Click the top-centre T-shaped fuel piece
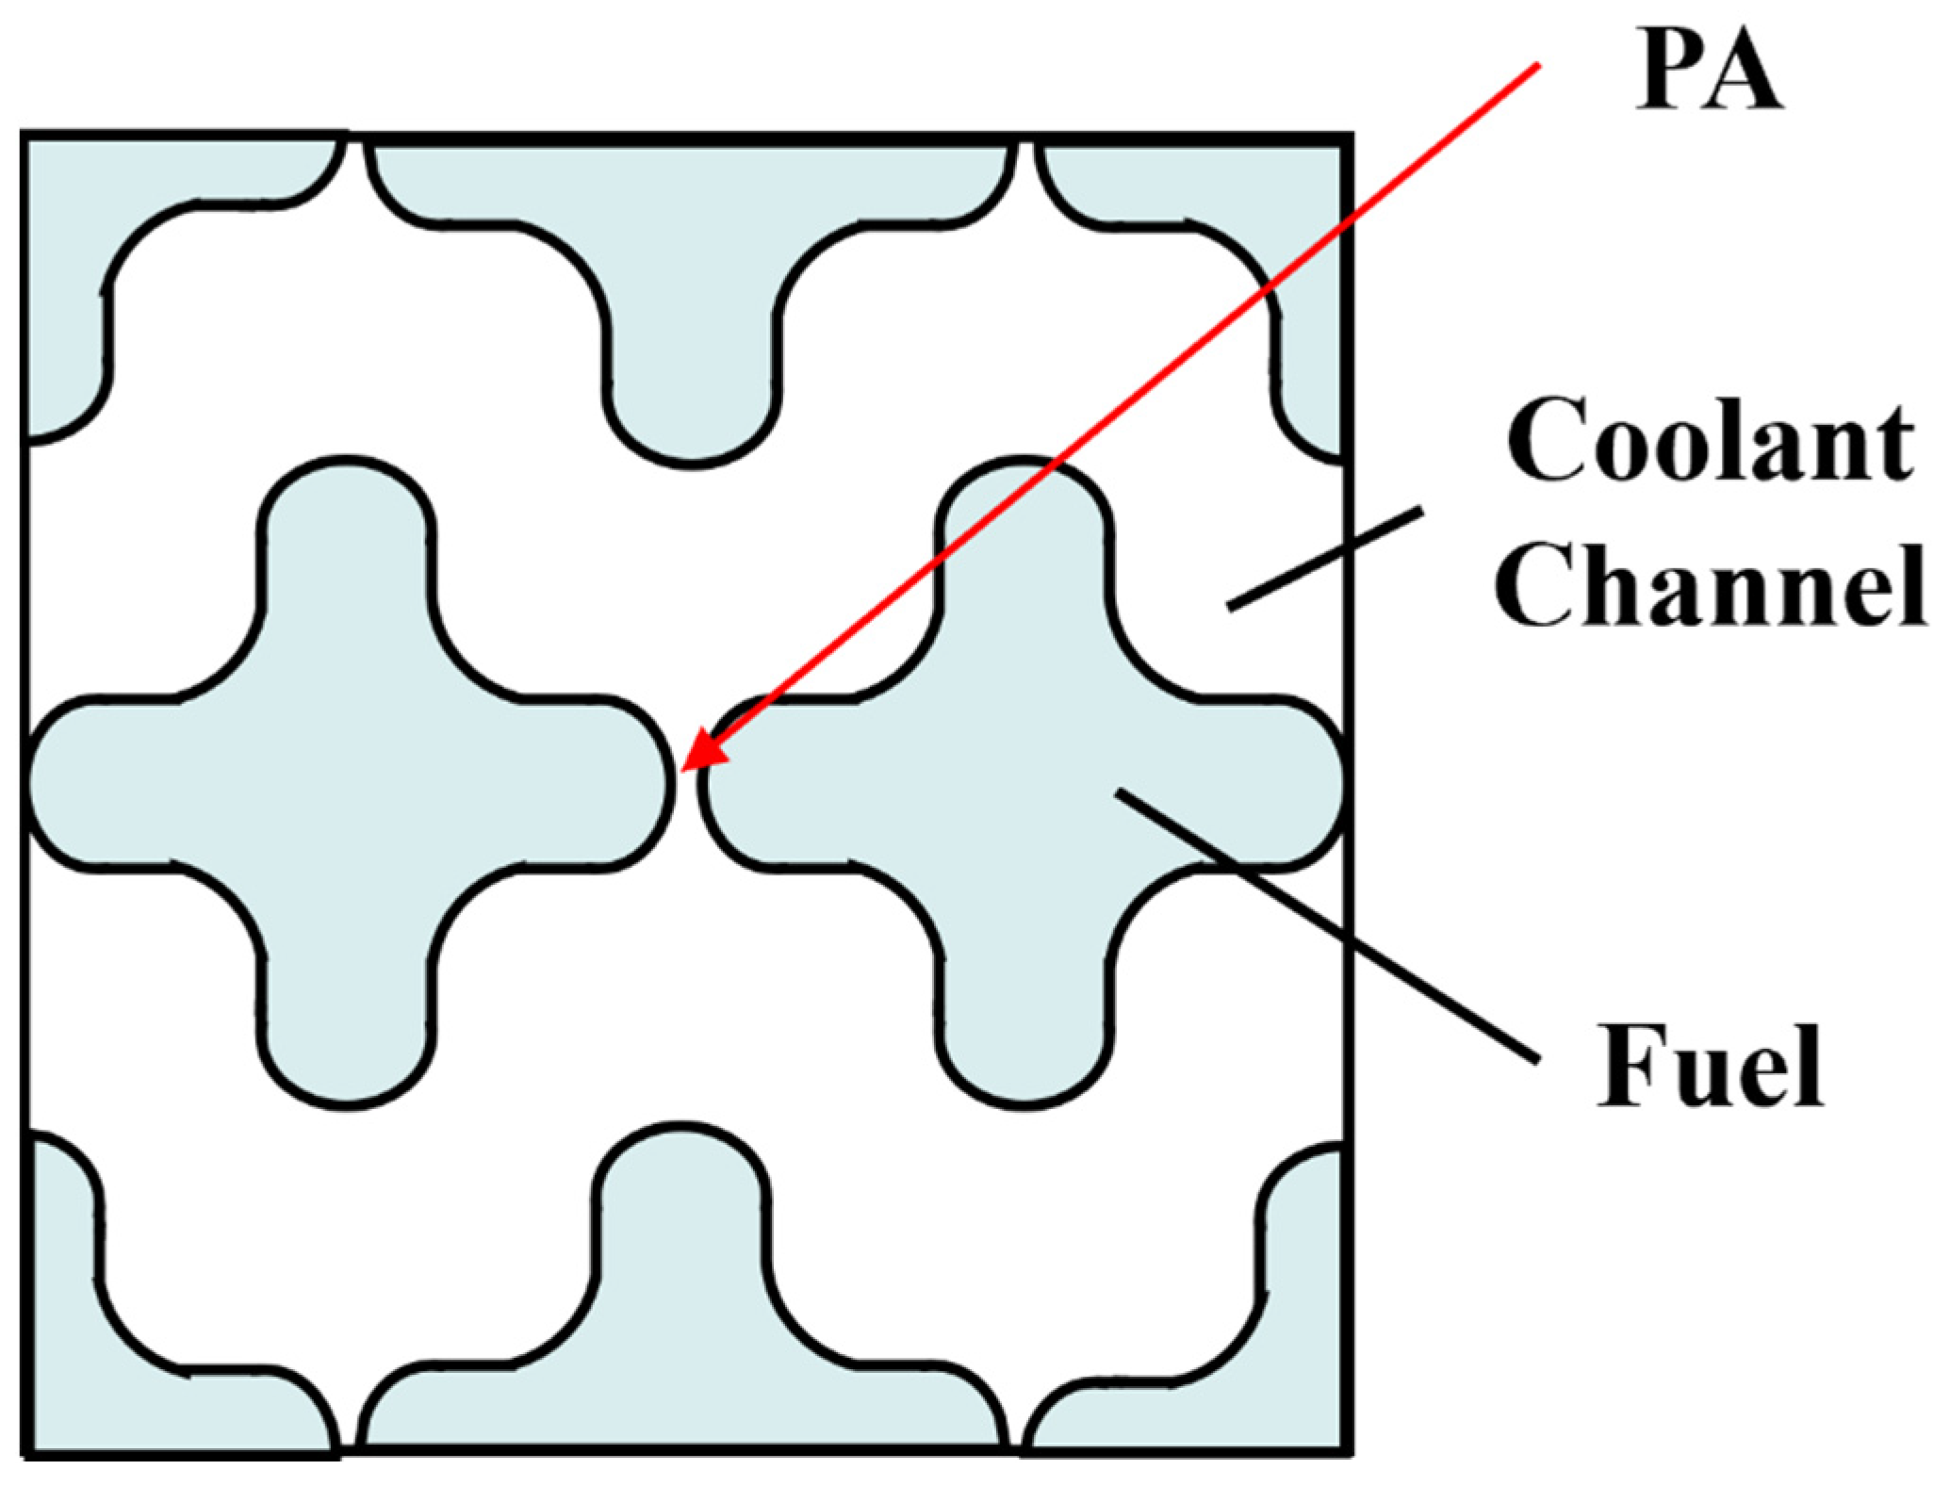pos(693,283)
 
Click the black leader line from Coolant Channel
pos(1324,559)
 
